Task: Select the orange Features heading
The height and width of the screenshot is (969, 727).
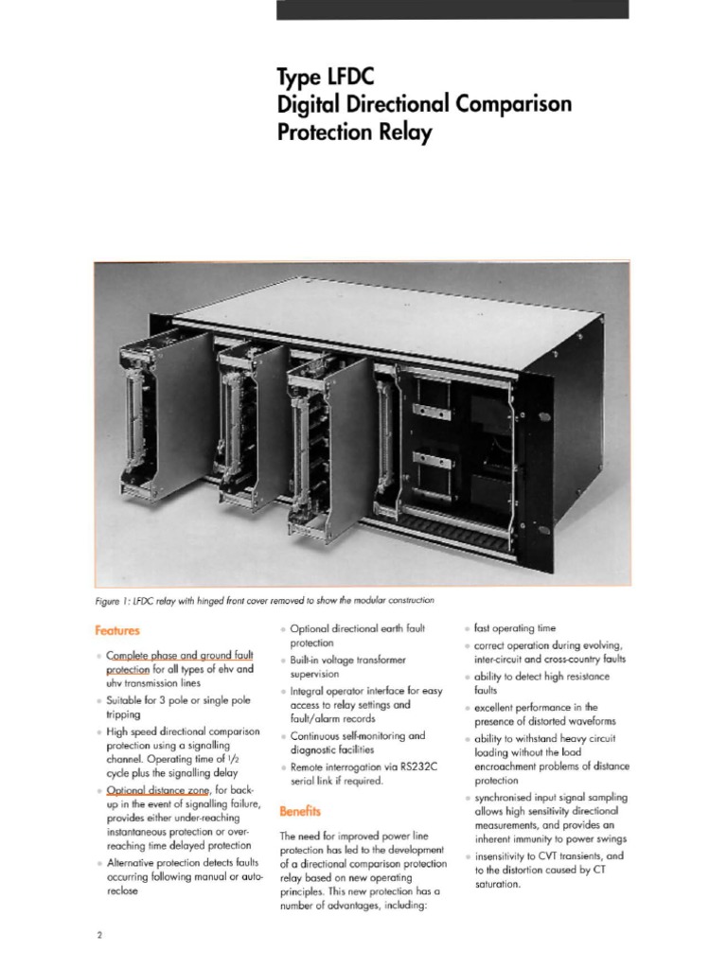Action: (118, 627)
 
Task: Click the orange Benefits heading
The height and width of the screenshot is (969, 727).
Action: (300, 811)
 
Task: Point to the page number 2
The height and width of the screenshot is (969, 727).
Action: (99, 936)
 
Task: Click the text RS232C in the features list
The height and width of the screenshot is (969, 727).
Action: (409, 766)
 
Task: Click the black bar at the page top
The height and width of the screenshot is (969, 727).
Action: (452, 9)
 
